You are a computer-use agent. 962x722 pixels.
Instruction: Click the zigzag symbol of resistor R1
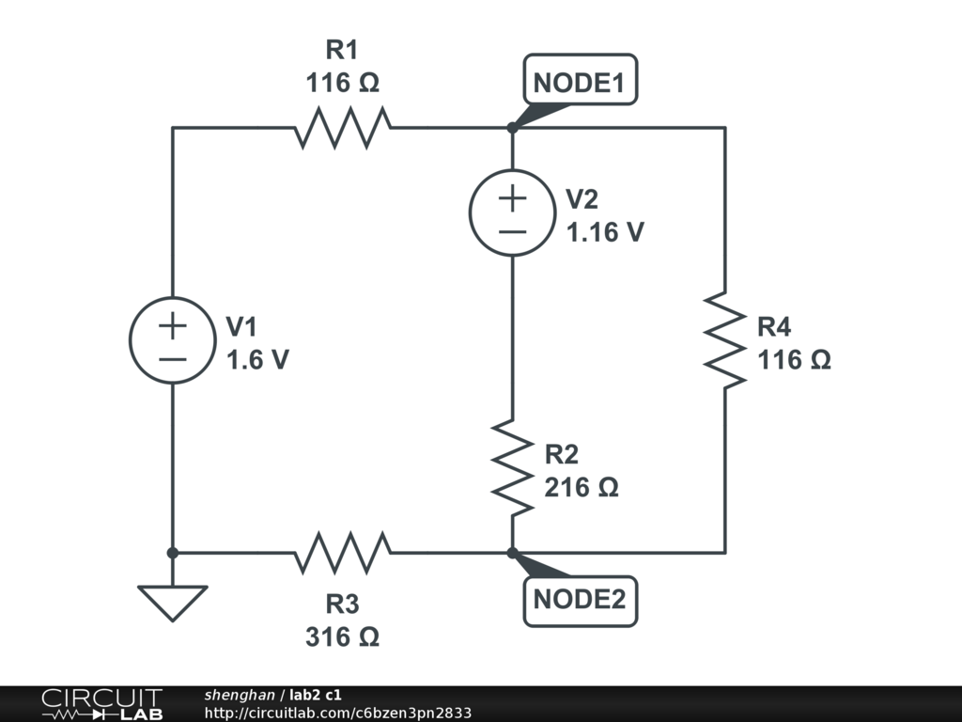click(343, 128)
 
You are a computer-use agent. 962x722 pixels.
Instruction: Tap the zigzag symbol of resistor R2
click(512, 467)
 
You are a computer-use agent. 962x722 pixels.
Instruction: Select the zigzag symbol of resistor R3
click(343, 552)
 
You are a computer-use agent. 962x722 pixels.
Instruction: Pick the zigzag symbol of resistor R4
click(724, 339)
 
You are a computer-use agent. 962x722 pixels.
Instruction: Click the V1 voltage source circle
click(173, 340)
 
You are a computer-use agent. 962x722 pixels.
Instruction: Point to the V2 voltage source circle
click(512, 213)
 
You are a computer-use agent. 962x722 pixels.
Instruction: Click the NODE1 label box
click(579, 84)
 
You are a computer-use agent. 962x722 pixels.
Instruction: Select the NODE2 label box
click(579, 599)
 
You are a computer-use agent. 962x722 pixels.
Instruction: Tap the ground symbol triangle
click(173, 600)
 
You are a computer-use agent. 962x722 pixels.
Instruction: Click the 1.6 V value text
click(257, 359)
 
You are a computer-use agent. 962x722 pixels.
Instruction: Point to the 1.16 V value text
click(604, 232)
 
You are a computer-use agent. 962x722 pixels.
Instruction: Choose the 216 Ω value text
click(582, 488)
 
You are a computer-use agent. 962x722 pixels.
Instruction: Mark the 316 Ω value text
click(342, 636)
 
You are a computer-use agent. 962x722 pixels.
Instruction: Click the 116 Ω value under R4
click(794, 360)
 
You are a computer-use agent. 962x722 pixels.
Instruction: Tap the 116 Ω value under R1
click(342, 83)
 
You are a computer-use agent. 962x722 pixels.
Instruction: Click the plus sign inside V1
click(173, 325)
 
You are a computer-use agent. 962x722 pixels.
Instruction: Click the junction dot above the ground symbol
click(173, 552)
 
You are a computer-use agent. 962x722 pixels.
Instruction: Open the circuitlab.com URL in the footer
click(337, 713)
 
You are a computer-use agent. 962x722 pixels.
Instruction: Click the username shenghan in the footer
click(239, 695)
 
